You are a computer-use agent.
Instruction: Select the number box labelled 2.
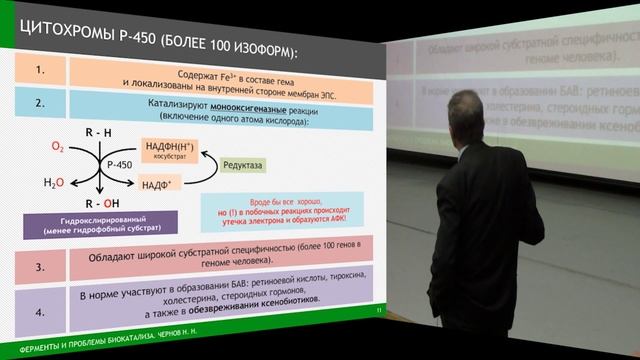pyautogui.click(x=40, y=102)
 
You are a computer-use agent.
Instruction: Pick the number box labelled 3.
pyautogui.click(x=40, y=267)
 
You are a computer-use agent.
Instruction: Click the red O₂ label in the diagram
pyautogui.click(x=57, y=147)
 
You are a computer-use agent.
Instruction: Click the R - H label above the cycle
pyautogui.click(x=98, y=131)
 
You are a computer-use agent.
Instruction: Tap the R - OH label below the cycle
pyautogui.click(x=99, y=199)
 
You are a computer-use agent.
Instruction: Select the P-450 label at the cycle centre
pyautogui.click(x=119, y=164)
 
